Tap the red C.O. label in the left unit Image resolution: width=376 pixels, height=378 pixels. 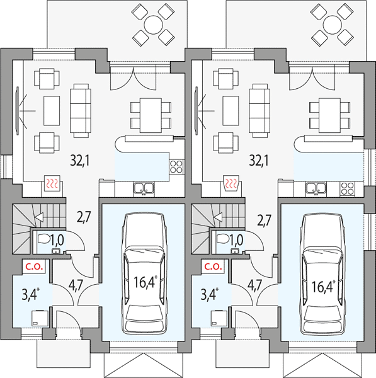[x=34, y=266]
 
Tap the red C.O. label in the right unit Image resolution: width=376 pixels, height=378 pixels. [x=214, y=266]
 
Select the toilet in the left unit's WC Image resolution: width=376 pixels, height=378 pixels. [x=43, y=239]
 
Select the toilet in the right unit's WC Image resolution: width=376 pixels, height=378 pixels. [x=222, y=239]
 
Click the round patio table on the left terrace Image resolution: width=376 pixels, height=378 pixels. [x=153, y=25]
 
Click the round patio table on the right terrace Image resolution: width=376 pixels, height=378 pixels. [x=333, y=25]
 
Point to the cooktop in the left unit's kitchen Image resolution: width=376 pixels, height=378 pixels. [x=176, y=166]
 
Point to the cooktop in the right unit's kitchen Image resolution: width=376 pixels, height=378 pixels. [x=347, y=188]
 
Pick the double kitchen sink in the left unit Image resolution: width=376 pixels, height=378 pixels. [x=144, y=188]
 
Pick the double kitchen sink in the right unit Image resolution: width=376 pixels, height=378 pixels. [x=316, y=188]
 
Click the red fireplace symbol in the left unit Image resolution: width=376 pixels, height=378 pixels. [x=52, y=183]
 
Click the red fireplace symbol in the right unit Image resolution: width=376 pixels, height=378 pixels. [x=231, y=183]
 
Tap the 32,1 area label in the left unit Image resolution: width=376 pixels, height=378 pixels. [x=80, y=160]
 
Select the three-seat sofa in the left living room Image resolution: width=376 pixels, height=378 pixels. [x=81, y=111]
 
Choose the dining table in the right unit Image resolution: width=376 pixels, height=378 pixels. [x=329, y=115]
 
